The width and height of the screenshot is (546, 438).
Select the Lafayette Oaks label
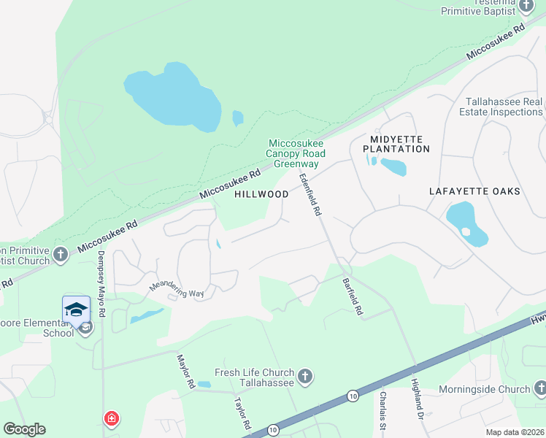[474, 191]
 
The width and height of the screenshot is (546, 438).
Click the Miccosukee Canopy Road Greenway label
[296, 153]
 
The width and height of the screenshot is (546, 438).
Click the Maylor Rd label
[185, 371]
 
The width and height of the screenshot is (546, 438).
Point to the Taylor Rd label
[242, 413]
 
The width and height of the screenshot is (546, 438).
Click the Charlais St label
[382, 410]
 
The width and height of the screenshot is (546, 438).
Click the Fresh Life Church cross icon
[305, 377]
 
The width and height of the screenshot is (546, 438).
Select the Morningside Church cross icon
[539, 388]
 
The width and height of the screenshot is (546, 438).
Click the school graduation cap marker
[76, 310]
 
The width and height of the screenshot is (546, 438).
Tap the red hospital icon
[112, 419]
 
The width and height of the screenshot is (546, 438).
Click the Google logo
[24, 429]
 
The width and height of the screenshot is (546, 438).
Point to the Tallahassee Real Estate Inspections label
[501, 107]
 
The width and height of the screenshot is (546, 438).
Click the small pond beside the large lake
[237, 117]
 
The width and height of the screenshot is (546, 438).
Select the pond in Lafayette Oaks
[467, 223]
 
